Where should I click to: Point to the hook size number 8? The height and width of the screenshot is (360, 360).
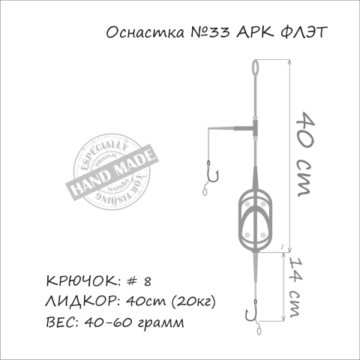click(x=147, y=281)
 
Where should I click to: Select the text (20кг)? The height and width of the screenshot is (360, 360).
click(x=193, y=302)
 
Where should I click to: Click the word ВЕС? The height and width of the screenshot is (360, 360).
click(x=60, y=323)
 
